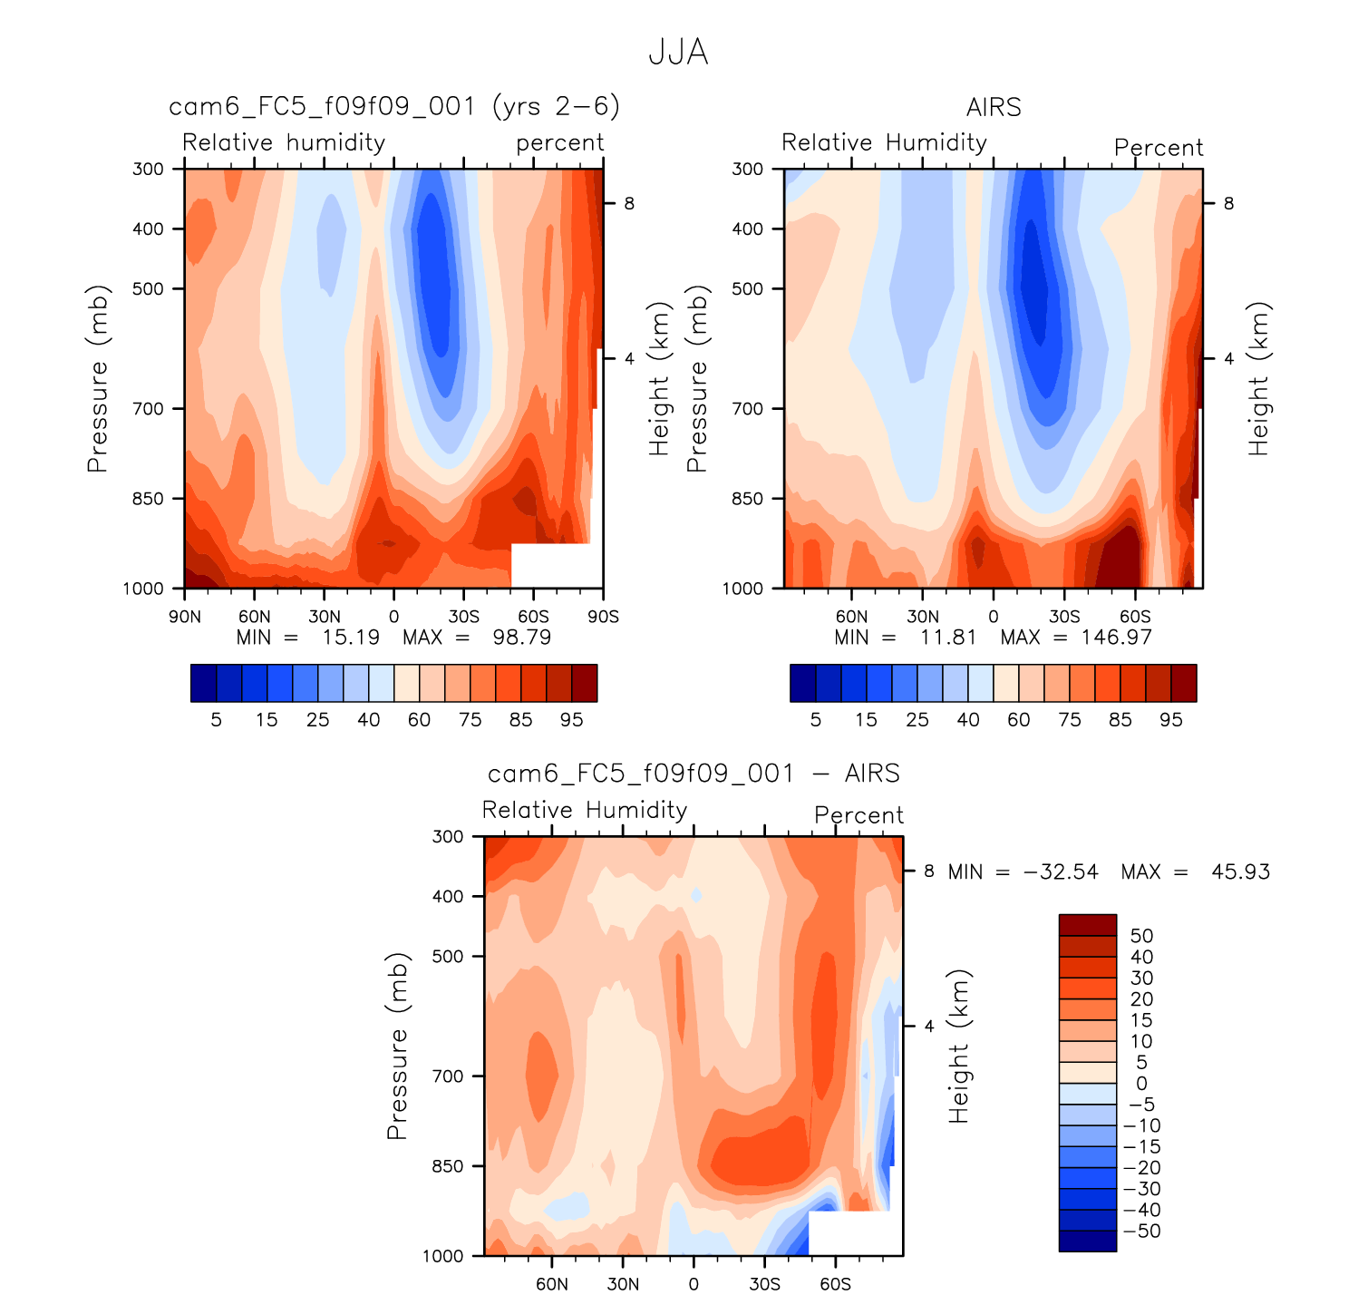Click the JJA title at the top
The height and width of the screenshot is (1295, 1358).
point(678,53)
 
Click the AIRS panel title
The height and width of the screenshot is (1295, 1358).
point(994,108)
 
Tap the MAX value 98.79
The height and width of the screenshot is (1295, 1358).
point(521,638)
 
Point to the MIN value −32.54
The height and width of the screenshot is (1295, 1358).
point(1061,872)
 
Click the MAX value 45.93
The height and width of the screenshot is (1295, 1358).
point(1240,872)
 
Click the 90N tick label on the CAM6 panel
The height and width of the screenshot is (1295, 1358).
point(185,618)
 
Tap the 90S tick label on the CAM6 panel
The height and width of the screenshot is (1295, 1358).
point(603,618)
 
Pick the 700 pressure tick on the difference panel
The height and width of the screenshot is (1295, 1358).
point(448,1076)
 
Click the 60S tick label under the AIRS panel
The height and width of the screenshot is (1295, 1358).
point(1135,618)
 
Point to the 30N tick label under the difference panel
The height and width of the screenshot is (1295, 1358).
point(623,1284)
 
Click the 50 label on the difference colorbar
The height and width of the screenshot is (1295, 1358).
point(1141,936)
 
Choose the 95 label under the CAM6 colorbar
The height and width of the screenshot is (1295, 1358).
point(571,720)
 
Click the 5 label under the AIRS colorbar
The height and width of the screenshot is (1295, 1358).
point(816,720)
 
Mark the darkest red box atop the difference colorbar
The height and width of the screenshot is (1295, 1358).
point(1088,925)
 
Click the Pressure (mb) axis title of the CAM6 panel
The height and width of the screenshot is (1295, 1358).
point(97,379)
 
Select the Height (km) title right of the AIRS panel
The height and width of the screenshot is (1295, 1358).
point(1258,379)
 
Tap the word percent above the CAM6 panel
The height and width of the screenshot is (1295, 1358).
point(559,143)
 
